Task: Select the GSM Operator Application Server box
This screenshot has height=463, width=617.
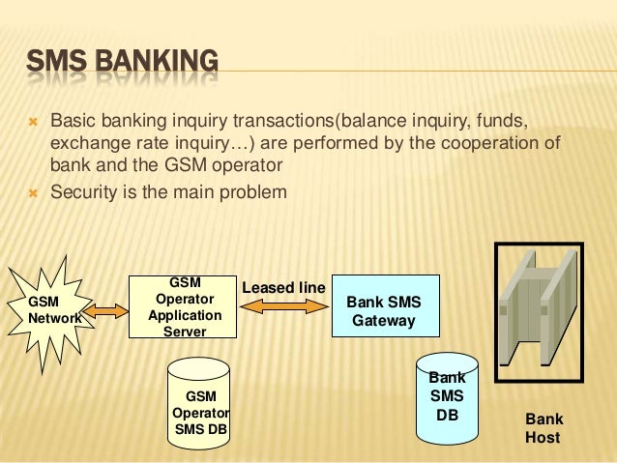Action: (x=184, y=307)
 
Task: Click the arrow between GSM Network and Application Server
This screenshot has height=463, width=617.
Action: (x=110, y=311)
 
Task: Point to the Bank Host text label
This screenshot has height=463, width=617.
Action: (x=543, y=429)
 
